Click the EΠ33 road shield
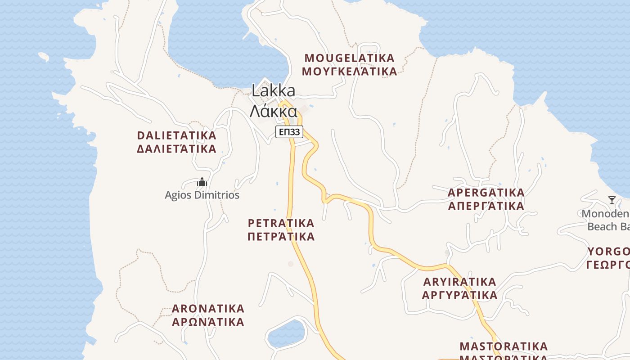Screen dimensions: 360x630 pyautogui.click(x=289, y=132)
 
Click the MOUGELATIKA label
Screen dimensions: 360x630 pyautogui.click(x=350, y=58)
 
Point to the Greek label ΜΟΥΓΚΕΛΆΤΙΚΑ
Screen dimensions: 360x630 pyautogui.click(x=350, y=72)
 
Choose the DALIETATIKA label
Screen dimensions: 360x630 pyautogui.click(x=176, y=135)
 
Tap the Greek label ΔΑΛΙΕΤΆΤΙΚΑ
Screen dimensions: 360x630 pyautogui.click(x=176, y=149)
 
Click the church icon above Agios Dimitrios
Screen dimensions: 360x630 pyautogui.click(x=202, y=182)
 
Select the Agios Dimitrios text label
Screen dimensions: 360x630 pyautogui.click(x=202, y=195)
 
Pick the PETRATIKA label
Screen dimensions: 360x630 pyautogui.click(x=281, y=223)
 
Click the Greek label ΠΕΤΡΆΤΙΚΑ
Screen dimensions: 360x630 pyautogui.click(x=281, y=237)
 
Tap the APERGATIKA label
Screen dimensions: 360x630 pyautogui.click(x=486, y=193)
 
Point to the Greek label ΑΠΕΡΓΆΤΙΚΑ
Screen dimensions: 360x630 pyautogui.click(x=486, y=206)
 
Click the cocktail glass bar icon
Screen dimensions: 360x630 pyautogui.click(x=612, y=200)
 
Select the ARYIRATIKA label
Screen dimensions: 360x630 pyautogui.click(x=459, y=282)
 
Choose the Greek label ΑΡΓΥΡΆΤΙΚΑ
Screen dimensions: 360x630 pyautogui.click(x=459, y=296)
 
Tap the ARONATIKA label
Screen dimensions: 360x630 pyautogui.click(x=208, y=309)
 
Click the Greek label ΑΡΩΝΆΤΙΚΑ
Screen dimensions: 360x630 pyautogui.click(x=208, y=322)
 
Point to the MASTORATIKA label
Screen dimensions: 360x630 pyautogui.click(x=504, y=346)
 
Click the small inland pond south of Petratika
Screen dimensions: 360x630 pyautogui.click(x=286, y=334)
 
